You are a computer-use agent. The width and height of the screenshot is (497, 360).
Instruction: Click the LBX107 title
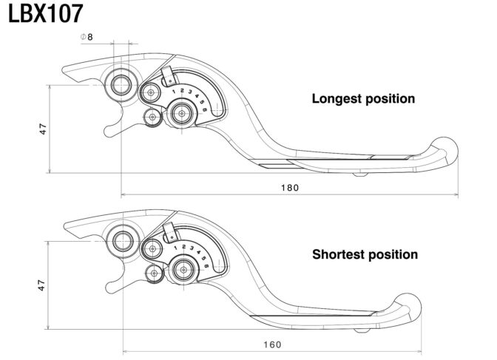pyautogui.click(x=45, y=14)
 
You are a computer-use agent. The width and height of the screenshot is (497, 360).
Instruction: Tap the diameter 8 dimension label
pyautogui.click(x=87, y=37)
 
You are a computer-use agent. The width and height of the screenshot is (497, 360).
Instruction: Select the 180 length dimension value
pyautogui.click(x=290, y=188)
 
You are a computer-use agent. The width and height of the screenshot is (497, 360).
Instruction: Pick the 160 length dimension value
pyautogui.click(x=272, y=344)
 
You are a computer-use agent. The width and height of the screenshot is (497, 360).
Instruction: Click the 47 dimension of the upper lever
pyautogui.click(x=43, y=129)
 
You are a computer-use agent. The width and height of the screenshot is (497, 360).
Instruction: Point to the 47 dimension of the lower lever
pyautogui.click(x=41, y=285)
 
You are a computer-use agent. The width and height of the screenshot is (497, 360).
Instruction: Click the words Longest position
pyautogui.click(x=363, y=98)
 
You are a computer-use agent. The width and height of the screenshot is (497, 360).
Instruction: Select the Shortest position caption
pyautogui.click(x=365, y=254)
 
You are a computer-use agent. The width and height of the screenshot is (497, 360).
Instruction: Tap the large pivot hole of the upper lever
pyautogui.click(x=121, y=85)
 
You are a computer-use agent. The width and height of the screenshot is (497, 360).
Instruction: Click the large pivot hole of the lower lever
pyautogui.click(x=123, y=242)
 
